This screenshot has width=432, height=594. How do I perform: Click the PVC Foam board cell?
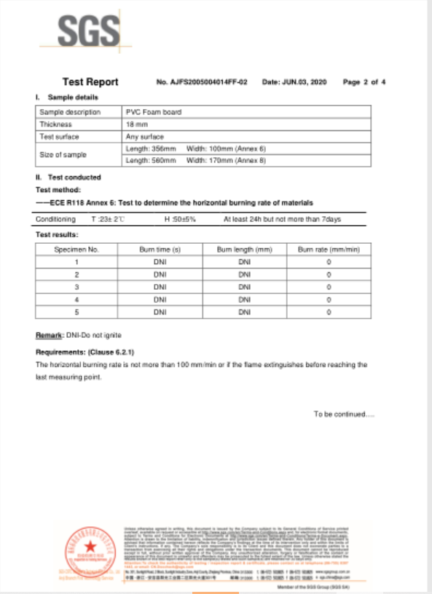[152, 112]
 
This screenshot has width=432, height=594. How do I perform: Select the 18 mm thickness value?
[136, 124]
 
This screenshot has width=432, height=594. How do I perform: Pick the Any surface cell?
[143, 136]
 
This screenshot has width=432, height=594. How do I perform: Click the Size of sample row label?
[63, 154]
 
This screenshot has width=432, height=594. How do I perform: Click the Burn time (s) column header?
[160, 249]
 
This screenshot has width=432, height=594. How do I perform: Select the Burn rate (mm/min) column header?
[329, 249]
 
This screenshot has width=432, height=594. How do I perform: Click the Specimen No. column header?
[76, 249]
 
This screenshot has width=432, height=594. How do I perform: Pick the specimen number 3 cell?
[76, 287]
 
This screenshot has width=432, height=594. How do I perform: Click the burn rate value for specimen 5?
[329, 312]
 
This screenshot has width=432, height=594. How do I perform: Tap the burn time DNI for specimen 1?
[160, 262]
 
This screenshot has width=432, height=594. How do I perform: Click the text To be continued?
[344, 413]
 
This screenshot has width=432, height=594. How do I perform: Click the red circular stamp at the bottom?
[92, 551]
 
